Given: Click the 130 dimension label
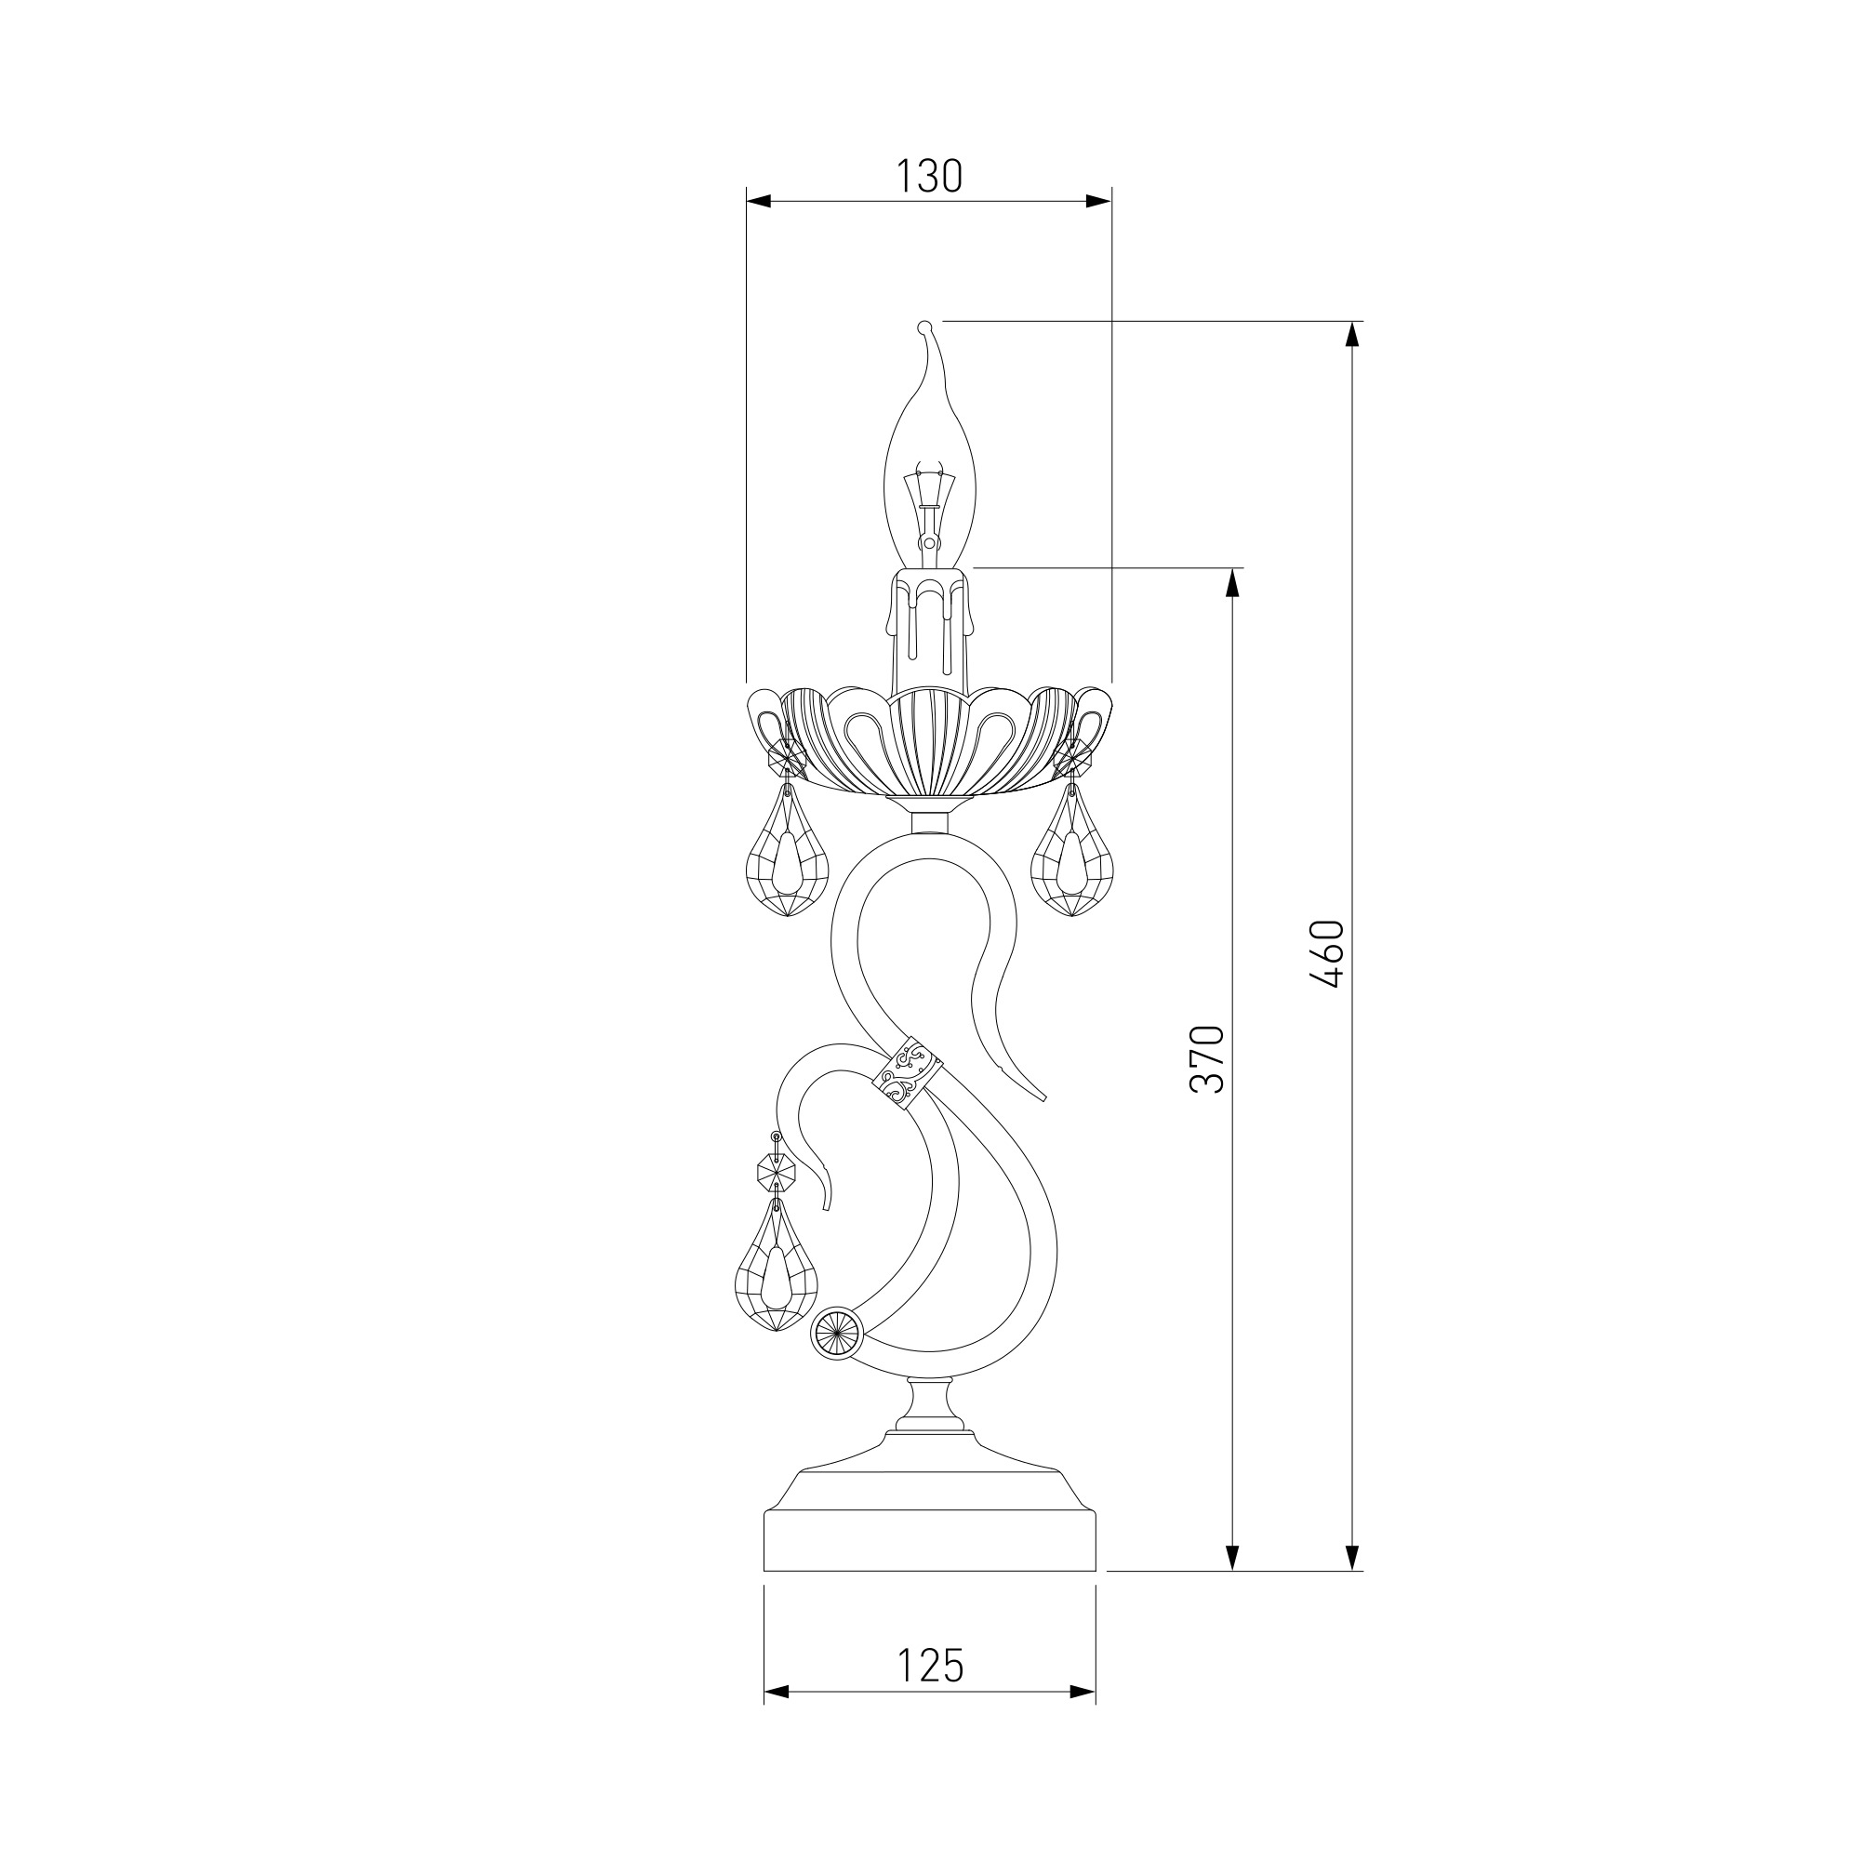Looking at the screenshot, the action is click(929, 176).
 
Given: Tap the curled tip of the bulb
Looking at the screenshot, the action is click(926, 327).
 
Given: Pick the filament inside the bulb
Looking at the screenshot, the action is click(929, 511).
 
